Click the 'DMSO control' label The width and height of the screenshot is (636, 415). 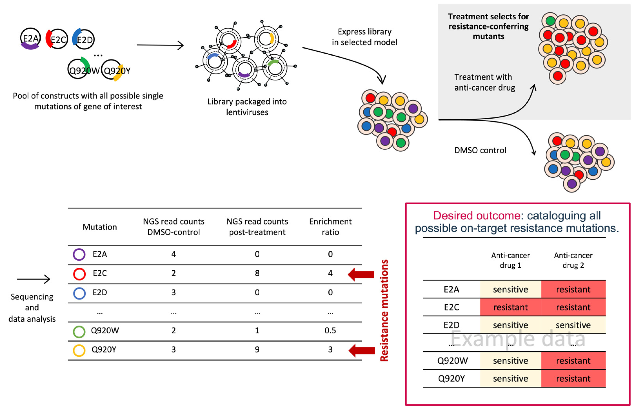[x=480, y=150]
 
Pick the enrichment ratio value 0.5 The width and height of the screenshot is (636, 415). [x=330, y=330]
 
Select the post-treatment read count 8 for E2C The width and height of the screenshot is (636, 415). [x=257, y=273]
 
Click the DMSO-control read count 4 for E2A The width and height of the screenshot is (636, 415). [x=174, y=254]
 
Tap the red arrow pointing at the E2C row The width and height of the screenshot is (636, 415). [x=361, y=274]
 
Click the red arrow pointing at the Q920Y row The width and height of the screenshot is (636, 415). [x=362, y=350]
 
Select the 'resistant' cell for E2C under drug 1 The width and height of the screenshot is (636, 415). [x=510, y=307]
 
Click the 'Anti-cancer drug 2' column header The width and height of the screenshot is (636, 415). [x=573, y=260]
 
